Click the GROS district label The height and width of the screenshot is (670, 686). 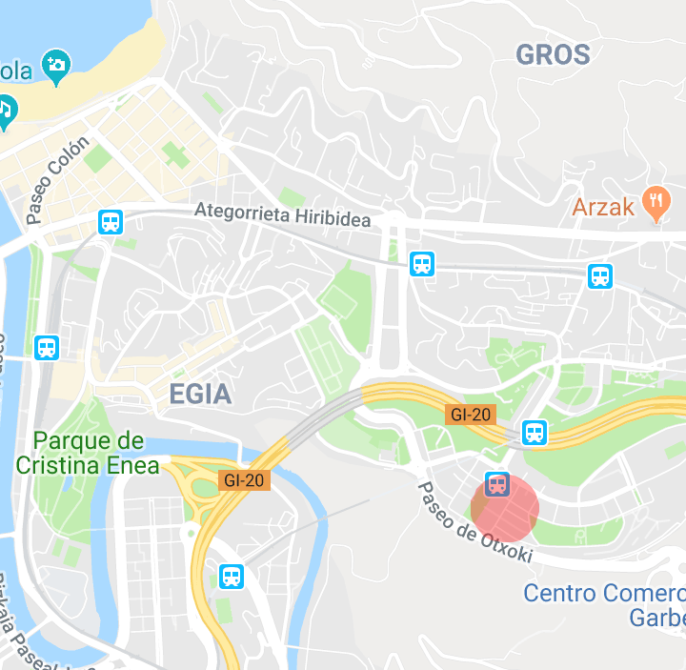tap(553, 54)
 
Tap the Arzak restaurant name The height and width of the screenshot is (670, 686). tap(603, 207)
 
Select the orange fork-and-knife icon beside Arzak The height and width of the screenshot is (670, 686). tap(656, 201)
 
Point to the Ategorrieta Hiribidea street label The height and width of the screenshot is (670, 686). tap(283, 214)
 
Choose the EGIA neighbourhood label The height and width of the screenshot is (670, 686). tap(199, 393)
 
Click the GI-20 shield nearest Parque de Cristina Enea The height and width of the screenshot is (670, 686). tap(244, 479)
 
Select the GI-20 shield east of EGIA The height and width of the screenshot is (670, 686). tap(470, 414)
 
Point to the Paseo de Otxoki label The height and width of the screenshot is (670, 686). tap(473, 521)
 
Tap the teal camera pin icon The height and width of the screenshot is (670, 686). tap(57, 66)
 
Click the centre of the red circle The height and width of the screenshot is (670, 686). tap(505, 508)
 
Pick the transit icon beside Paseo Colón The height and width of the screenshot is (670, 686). tap(111, 223)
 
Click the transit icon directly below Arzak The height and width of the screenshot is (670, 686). tap(600, 276)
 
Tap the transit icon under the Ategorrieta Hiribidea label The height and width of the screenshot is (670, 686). tap(421, 264)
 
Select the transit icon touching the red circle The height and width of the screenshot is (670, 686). tap(496, 484)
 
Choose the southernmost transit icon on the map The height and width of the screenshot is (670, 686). tap(231, 576)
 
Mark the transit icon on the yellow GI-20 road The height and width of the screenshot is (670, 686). tap(535, 433)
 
